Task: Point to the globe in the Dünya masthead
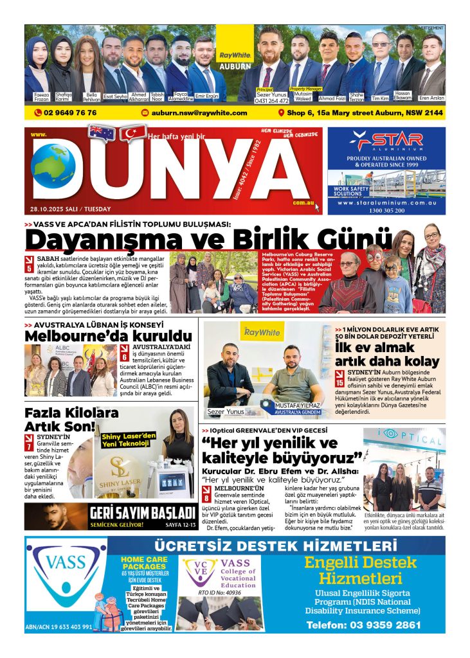click(53, 166)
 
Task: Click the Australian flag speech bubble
click(102, 132)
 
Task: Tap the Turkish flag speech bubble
click(133, 134)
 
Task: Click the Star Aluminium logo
click(386, 139)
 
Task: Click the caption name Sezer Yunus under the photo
click(226, 412)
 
